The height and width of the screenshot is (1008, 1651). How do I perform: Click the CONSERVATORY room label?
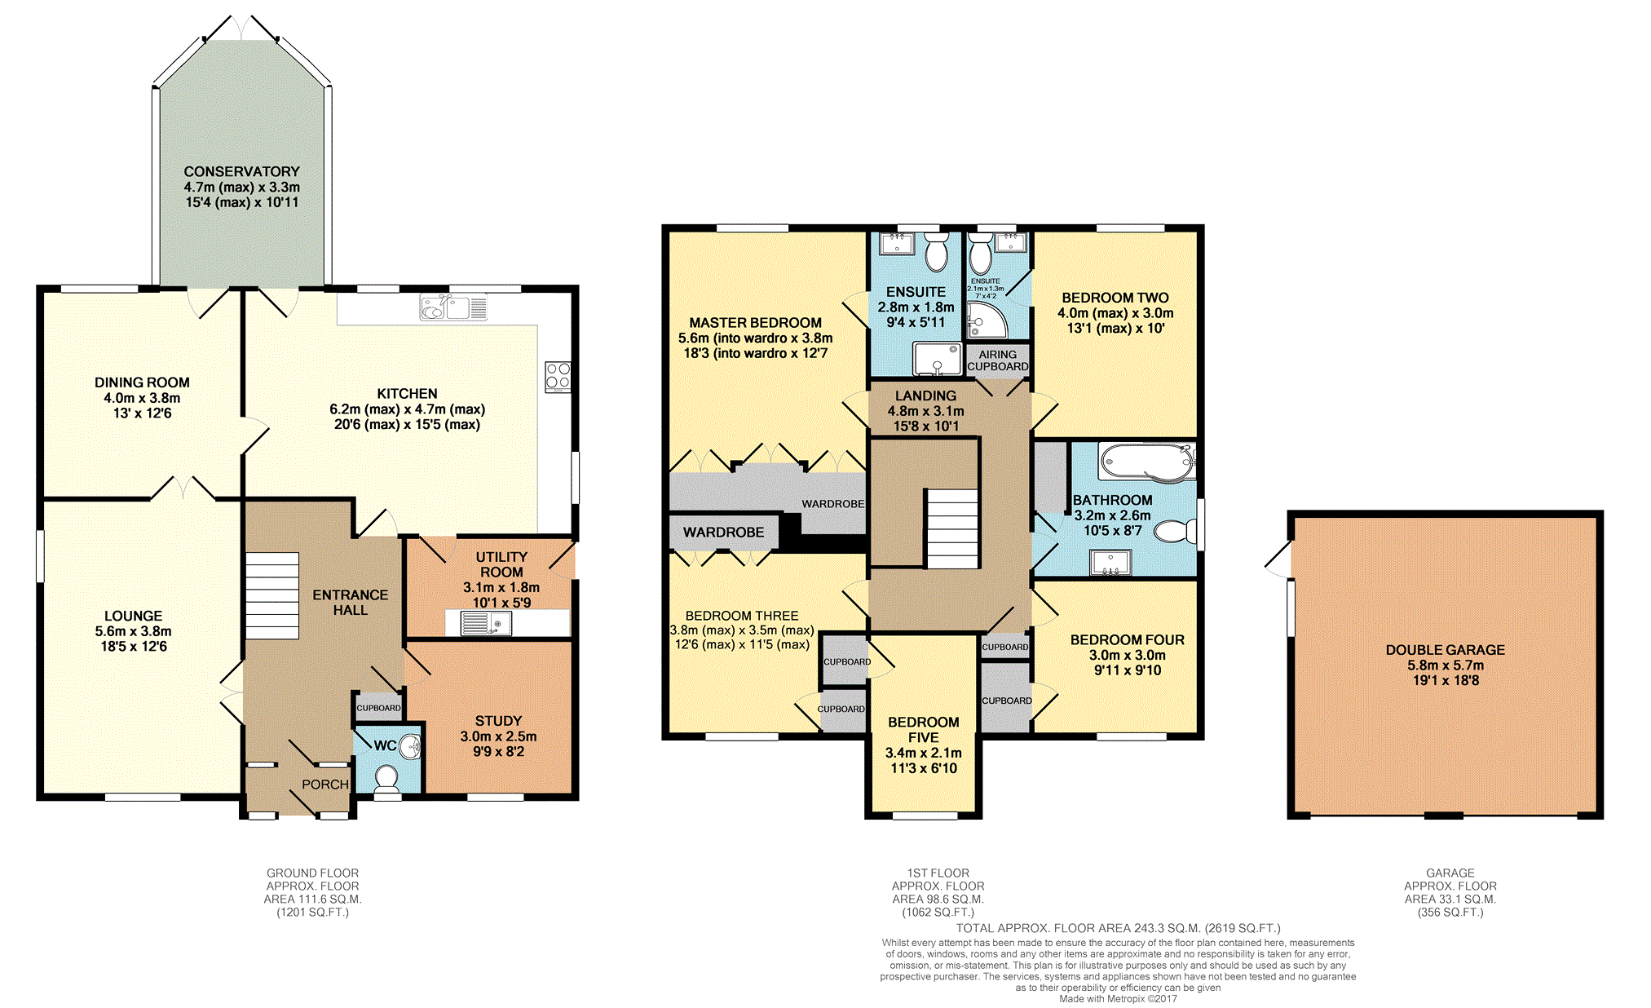[x=242, y=171]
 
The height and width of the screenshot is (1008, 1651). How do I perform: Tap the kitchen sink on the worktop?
[x=453, y=307]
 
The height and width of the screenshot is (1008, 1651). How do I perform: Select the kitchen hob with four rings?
[x=558, y=376]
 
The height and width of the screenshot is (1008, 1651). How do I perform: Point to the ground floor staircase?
[x=272, y=595]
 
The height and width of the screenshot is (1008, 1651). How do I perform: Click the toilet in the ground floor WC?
[x=386, y=780]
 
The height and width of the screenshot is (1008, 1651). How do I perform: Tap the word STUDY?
[x=498, y=721]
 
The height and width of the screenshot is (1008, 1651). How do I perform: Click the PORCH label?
[x=325, y=784]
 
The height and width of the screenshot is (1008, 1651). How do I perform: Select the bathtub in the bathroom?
[x=1146, y=462]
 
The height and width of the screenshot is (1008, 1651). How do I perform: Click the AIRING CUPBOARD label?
[x=998, y=360]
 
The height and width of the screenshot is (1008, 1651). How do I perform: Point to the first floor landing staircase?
[x=951, y=528]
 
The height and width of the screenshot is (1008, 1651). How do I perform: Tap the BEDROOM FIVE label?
[x=924, y=729]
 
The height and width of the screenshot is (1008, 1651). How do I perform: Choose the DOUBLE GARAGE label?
[x=1446, y=650]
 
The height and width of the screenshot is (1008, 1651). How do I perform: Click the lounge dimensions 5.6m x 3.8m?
[x=134, y=631]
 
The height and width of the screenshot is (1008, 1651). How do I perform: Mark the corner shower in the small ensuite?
[x=987, y=320]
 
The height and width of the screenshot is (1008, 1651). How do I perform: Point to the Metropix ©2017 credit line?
[x=1119, y=999]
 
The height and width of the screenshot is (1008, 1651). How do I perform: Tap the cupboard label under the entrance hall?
[x=378, y=708]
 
